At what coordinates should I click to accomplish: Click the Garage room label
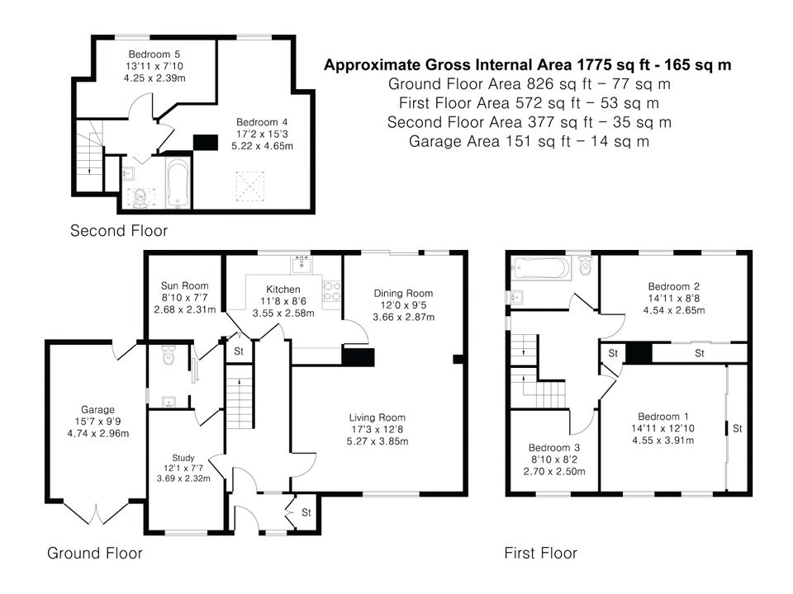click(97, 410)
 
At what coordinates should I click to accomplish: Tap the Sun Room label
click(184, 285)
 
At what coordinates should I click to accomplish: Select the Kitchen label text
click(283, 290)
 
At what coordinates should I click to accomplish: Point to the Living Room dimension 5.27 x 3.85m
click(378, 441)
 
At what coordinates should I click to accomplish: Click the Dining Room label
click(403, 293)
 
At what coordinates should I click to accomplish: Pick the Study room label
click(183, 458)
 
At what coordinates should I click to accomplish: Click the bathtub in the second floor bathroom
click(178, 183)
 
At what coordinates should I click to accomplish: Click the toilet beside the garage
click(168, 356)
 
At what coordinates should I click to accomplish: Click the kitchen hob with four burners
click(332, 291)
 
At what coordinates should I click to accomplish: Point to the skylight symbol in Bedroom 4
click(249, 186)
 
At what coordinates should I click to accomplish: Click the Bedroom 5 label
click(154, 54)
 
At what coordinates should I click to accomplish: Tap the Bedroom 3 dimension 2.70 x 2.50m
click(554, 472)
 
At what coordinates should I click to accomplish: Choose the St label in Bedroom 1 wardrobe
click(738, 429)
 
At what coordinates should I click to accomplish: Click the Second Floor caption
click(119, 231)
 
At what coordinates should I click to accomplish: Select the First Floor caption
click(540, 553)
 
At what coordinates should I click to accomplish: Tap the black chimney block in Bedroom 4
click(206, 143)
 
